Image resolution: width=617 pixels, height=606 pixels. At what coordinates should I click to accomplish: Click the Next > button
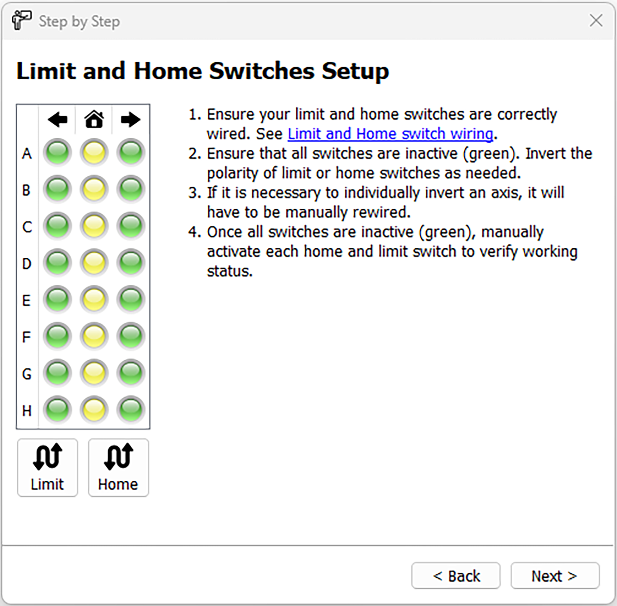coord(554,576)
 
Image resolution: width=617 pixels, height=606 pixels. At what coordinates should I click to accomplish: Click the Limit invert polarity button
coord(47,468)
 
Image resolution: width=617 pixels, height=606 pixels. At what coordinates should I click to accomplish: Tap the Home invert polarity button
coord(118,468)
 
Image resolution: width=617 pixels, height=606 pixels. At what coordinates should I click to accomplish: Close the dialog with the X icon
coord(596,20)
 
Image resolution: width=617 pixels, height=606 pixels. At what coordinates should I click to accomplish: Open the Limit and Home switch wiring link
coord(390,134)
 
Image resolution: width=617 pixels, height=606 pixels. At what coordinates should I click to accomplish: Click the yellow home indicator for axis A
coord(94,153)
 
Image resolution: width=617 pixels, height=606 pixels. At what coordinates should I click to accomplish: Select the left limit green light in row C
coord(58,226)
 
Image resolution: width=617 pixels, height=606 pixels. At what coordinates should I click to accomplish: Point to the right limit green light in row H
coord(131,409)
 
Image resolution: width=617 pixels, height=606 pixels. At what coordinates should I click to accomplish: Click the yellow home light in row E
coord(94,300)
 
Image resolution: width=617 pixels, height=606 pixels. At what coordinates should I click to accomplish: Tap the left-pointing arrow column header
coord(58,120)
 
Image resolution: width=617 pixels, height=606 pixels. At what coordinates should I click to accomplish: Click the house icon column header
coord(94,119)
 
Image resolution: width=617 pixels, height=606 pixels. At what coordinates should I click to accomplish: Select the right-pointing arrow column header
coord(131,120)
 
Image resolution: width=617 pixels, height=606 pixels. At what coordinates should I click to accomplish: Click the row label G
coord(27,374)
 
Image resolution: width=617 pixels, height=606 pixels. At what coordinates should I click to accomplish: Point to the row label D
coord(27,264)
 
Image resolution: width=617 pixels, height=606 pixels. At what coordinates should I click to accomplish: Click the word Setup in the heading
coord(355,71)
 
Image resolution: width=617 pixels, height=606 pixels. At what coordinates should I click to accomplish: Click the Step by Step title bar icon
coord(21,20)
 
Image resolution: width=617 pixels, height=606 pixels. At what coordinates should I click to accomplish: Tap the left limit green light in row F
coord(58,336)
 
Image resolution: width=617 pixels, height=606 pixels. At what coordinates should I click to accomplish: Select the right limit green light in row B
coord(131,189)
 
